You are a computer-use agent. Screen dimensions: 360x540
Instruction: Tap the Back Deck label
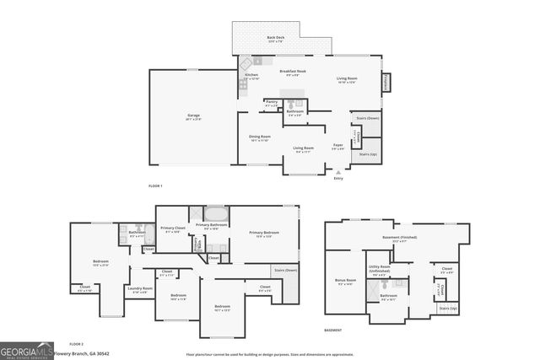click(x=276, y=39)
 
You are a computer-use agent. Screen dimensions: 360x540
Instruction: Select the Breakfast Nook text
click(x=293, y=72)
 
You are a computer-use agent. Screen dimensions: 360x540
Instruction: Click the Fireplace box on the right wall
click(x=386, y=82)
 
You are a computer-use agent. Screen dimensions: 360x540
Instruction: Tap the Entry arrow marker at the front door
click(x=338, y=173)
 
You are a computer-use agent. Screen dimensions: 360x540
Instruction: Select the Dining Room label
click(x=260, y=137)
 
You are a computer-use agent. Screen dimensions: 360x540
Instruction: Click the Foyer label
click(x=337, y=145)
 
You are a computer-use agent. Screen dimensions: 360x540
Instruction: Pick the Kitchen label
click(x=251, y=76)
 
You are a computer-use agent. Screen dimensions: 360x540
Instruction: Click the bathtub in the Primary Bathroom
click(x=215, y=213)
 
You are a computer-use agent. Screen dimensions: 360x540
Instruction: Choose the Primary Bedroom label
click(x=265, y=234)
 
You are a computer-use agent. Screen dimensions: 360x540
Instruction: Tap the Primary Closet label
click(x=173, y=228)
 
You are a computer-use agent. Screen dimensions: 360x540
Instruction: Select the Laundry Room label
click(x=140, y=289)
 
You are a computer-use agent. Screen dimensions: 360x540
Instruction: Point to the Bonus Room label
click(x=346, y=282)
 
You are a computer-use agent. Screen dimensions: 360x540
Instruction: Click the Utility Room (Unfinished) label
click(x=379, y=270)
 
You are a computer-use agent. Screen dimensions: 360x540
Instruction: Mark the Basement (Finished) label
click(x=399, y=239)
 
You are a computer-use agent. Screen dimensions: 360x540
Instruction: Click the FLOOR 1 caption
click(x=155, y=185)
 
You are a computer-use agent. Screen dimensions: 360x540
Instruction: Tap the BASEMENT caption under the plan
click(x=333, y=330)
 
